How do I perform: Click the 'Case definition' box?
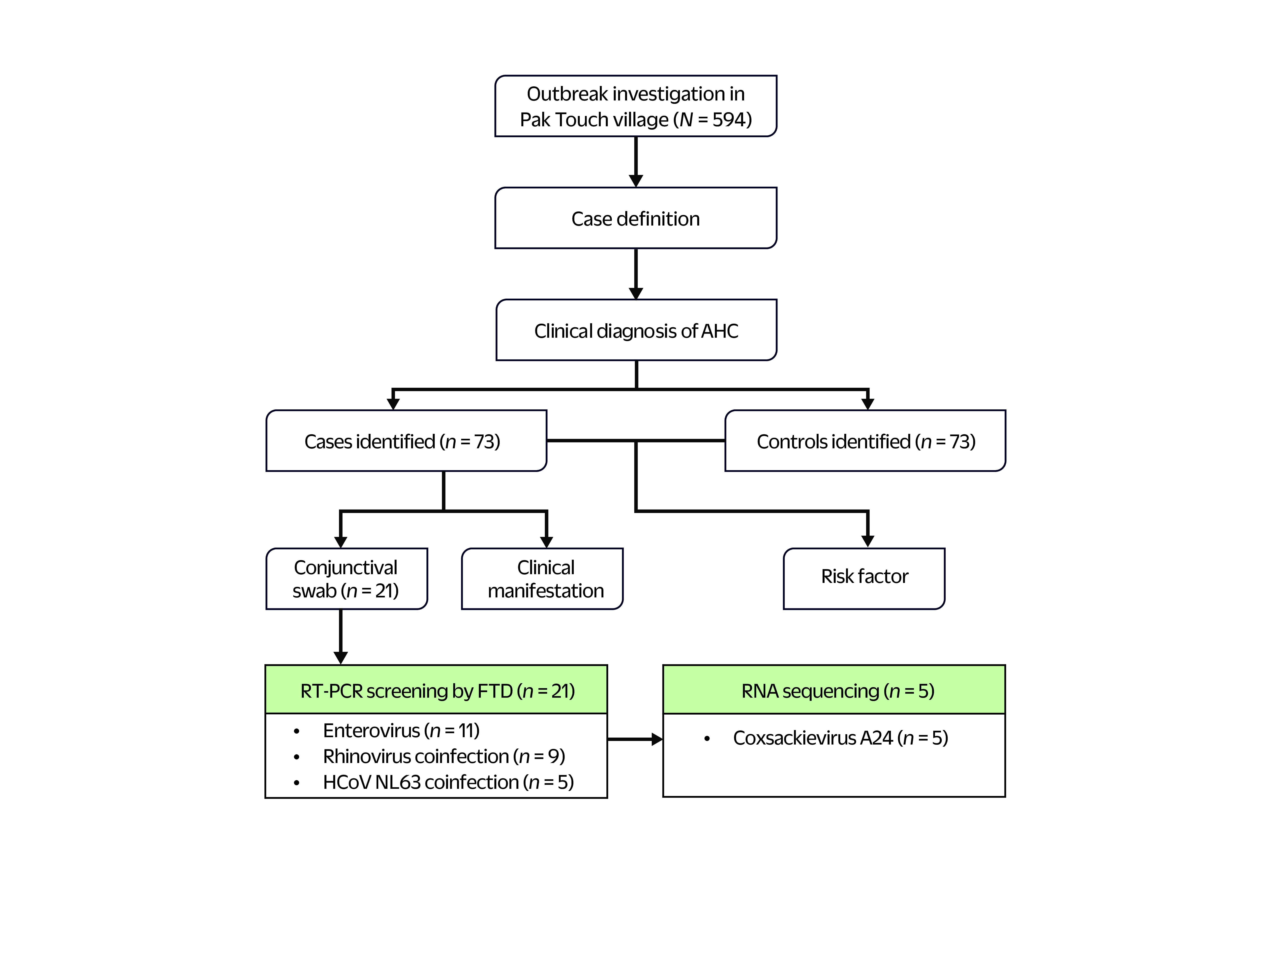(635, 218)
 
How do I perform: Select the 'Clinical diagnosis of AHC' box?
(636, 330)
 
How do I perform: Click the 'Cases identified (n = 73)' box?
(406, 441)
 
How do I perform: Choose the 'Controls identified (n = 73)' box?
(865, 441)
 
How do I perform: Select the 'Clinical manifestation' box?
(542, 578)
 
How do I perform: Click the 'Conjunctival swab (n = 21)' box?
(347, 578)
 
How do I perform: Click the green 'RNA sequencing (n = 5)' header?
(834, 690)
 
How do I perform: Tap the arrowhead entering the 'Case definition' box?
(636, 181)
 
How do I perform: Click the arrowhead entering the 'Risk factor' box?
(868, 541)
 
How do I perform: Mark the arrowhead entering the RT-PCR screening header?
(341, 658)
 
